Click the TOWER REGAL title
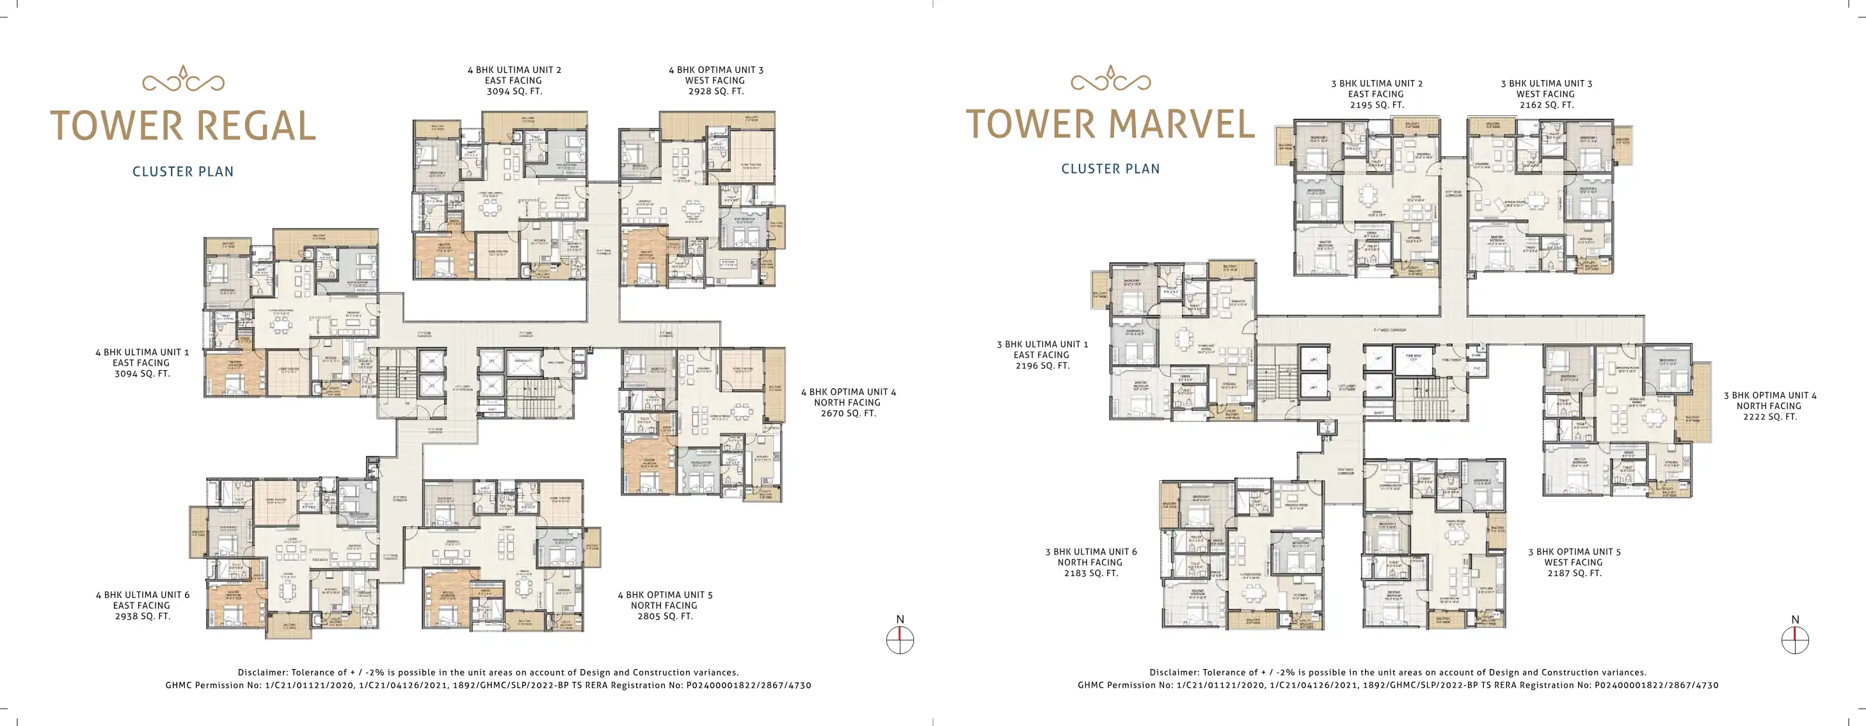point(182,126)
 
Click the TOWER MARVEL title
point(1110,124)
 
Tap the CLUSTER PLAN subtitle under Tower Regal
point(182,172)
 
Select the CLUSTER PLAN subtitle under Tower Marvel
point(1110,169)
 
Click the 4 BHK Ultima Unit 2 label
point(514,70)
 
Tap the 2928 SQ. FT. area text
point(715,92)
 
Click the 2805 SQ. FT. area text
point(664,616)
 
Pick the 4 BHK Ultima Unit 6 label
point(142,595)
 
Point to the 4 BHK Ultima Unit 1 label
point(141,352)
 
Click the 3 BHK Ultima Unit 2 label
point(1376,83)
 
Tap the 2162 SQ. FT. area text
point(1546,105)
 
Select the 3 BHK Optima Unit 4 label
point(1769,396)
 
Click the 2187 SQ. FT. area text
point(1574,573)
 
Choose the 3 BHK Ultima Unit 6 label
point(1090,552)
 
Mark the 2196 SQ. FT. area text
point(1042,366)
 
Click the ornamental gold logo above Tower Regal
point(182,79)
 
